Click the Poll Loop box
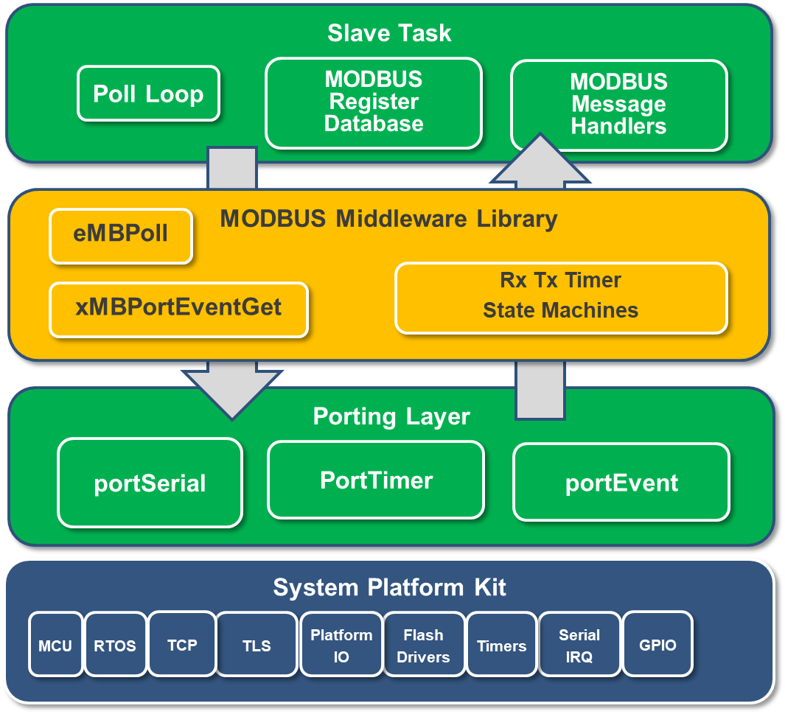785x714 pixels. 148,94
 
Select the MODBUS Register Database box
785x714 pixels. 374,102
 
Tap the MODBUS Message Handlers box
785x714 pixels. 618,105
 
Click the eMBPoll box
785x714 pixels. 121,235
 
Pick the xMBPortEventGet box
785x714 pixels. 178,309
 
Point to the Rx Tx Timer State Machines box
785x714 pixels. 561,296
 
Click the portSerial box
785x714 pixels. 150,483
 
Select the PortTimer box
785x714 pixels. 376,480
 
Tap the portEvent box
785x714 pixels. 621,483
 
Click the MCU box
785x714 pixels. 56,645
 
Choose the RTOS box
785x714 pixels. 115,645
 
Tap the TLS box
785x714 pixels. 257,645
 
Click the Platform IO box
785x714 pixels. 341,645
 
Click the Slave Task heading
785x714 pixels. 389,33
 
